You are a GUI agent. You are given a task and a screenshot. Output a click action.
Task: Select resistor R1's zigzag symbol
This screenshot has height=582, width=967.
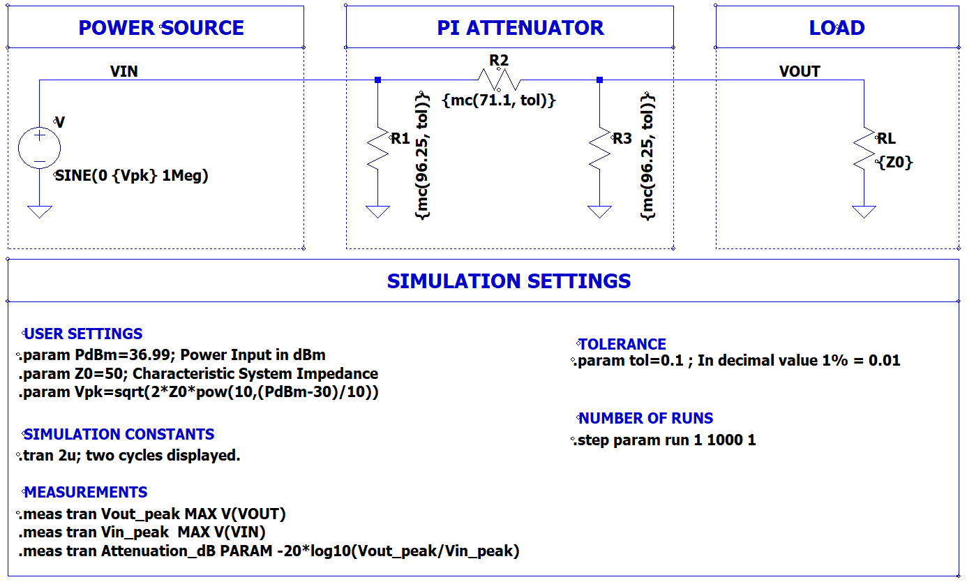click(x=377, y=148)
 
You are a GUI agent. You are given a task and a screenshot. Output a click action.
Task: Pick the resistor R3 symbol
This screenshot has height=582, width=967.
click(x=599, y=148)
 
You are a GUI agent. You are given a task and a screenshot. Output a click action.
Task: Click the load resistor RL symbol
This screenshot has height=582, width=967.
click(x=864, y=148)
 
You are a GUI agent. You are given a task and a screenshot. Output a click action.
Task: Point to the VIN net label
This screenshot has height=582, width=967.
click(x=123, y=71)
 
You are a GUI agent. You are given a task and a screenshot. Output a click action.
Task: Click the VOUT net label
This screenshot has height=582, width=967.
click(x=800, y=71)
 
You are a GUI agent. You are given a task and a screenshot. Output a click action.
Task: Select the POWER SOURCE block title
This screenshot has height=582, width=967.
click(x=161, y=28)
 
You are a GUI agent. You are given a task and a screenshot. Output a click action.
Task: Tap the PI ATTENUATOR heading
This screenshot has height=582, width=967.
click(x=520, y=28)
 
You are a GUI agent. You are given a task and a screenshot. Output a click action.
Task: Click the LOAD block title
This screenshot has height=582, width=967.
click(x=837, y=28)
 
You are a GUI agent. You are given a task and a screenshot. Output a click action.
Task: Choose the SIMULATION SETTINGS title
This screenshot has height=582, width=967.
click(x=509, y=281)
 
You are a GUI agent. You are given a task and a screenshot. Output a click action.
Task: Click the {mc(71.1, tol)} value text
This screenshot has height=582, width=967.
click(x=499, y=100)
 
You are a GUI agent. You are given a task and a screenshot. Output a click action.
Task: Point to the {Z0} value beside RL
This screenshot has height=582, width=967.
click(x=896, y=163)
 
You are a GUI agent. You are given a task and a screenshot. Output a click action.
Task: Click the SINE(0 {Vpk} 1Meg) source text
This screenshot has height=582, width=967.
click(x=132, y=176)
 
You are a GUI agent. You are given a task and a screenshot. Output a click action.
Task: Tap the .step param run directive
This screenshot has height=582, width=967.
click(x=666, y=440)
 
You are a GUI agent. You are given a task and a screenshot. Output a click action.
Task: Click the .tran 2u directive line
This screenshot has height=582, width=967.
click(x=130, y=456)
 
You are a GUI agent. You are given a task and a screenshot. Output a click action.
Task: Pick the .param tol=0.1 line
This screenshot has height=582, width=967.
click(x=738, y=361)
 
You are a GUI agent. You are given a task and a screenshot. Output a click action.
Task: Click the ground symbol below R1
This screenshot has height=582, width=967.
click(x=377, y=211)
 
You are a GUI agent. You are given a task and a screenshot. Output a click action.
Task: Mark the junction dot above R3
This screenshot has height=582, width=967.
click(x=599, y=80)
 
